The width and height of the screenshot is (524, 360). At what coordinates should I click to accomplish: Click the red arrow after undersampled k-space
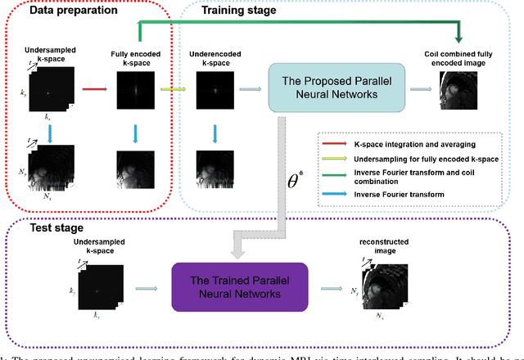coord(94,92)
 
